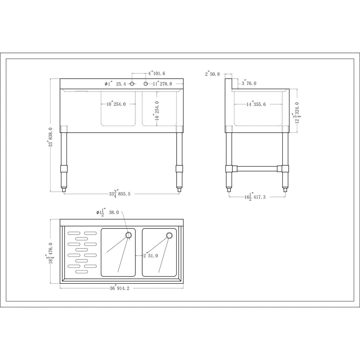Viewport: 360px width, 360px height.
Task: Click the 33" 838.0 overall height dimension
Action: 50,138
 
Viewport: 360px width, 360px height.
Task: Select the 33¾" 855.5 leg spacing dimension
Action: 120,194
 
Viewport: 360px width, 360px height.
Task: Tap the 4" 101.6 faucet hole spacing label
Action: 157,73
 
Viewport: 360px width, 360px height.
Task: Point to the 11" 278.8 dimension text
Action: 163,84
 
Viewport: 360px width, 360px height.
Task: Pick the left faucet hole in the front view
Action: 132,84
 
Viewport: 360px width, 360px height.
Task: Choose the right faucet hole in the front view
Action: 146,84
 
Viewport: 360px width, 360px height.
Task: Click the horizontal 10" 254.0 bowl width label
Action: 116,104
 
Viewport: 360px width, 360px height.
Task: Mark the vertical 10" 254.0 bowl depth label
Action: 157,111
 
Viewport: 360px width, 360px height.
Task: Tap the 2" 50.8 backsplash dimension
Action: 212,74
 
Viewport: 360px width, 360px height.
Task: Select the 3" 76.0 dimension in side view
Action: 249,84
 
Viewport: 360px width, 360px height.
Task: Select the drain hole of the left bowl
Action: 128,235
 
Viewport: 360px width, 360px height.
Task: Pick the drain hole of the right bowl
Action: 169,235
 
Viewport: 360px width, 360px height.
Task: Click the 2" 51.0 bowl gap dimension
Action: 151,256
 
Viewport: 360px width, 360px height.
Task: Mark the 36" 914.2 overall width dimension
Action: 119,288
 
